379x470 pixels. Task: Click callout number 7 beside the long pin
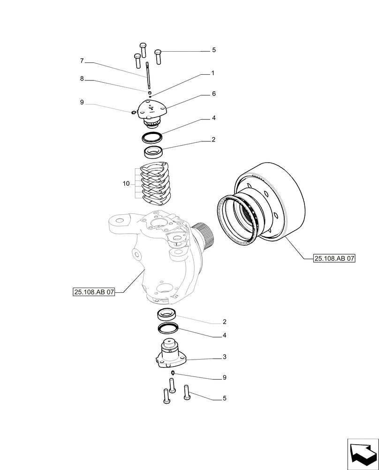tap(82, 61)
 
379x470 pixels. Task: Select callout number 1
tap(212, 73)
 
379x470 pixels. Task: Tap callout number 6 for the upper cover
tap(213, 94)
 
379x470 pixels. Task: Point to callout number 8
tap(82, 79)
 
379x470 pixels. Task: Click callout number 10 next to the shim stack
tap(126, 184)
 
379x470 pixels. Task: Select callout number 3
tap(225, 357)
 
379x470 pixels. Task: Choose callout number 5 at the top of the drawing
tap(213, 50)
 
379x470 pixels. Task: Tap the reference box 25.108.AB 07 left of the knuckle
tap(94, 292)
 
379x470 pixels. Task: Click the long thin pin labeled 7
tap(148, 75)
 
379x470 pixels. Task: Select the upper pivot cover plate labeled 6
tap(151, 110)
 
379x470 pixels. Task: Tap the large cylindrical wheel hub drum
tap(272, 202)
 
